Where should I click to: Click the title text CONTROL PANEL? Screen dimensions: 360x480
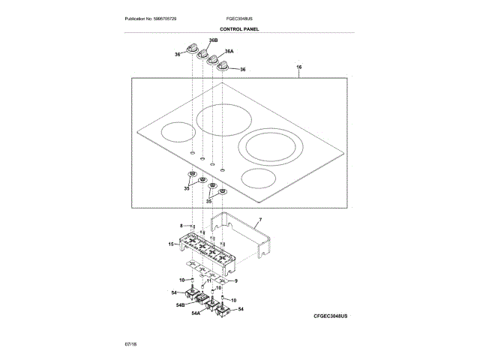click(x=240, y=28)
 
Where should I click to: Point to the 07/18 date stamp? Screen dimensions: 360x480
click(x=130, y=343)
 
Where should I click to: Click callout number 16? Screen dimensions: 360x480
click(x=298, y=68)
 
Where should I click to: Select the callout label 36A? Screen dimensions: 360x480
click(x=229, y=52)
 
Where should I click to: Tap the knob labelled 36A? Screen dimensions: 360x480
click(x=213, y=59)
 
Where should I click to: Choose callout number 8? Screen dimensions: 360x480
click(x=181, y=226)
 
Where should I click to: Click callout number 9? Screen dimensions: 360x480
click(x=235, y=280)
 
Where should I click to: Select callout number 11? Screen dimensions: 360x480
click(x=209, y=280)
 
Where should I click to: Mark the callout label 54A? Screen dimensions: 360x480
click(x=196, y=313)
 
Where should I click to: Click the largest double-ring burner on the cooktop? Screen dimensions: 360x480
click(x=268, y=145)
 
